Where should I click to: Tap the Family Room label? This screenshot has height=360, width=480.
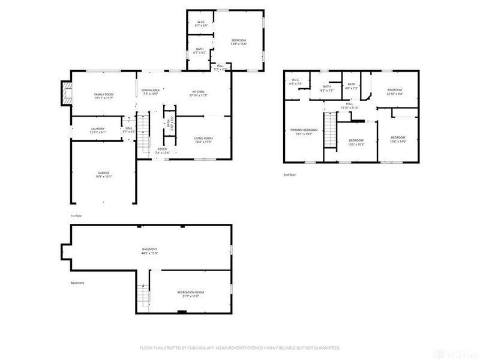[104, 96]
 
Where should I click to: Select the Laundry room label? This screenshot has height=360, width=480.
[98, 130]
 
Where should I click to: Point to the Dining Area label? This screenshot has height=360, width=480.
[150, 92]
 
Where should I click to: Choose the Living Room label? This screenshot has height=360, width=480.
[203, 140]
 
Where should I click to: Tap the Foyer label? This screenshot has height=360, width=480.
[162, 151]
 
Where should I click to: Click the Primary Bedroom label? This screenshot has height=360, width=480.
[304, 131]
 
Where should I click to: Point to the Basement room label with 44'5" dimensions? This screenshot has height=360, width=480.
[149, 251]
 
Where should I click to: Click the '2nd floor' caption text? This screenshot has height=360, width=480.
[290, 175]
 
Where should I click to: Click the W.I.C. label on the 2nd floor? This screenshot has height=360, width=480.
[295, 82]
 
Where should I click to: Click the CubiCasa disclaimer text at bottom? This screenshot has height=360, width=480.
[240, 347]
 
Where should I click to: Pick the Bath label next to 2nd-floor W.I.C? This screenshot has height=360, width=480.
[327, 88]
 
